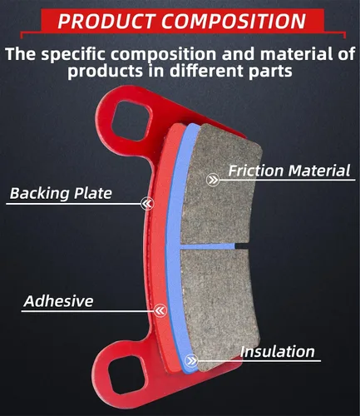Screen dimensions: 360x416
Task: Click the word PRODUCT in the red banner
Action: tap(106, 21)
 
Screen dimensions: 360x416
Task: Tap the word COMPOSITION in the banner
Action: tap(234, 21)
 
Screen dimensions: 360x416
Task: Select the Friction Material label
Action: tap(289, 171)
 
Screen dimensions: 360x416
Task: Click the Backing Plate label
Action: tap(61, 193)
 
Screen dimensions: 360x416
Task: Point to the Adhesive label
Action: tap(58, 301)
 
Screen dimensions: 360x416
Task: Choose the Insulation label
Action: tap(278, 352)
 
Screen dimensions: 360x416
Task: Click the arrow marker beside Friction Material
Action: tap(213, 181)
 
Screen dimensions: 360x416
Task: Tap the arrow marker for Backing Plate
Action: tap(147, 204)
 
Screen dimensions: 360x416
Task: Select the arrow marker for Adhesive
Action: tap(160, 310)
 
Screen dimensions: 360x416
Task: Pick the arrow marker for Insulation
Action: tap(191, 361)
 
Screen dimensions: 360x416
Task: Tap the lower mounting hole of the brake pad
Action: tap(127, 375)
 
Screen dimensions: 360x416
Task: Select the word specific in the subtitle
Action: tap(73, 54)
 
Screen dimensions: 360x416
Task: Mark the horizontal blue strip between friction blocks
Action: tap(208, 246)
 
